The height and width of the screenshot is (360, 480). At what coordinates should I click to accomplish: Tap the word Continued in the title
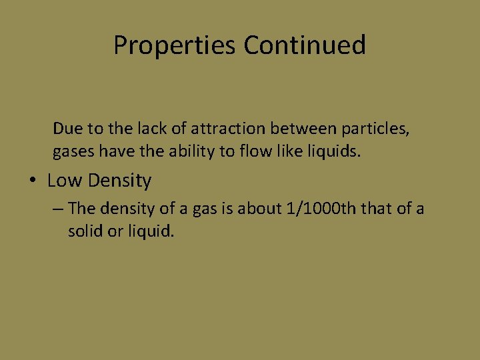coord(305,45)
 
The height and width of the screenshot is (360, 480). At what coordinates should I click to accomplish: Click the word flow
coord(247,151)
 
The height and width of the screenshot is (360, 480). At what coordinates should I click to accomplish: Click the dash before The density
coord(58,209)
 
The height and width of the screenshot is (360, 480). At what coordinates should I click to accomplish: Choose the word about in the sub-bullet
coord(262,209)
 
